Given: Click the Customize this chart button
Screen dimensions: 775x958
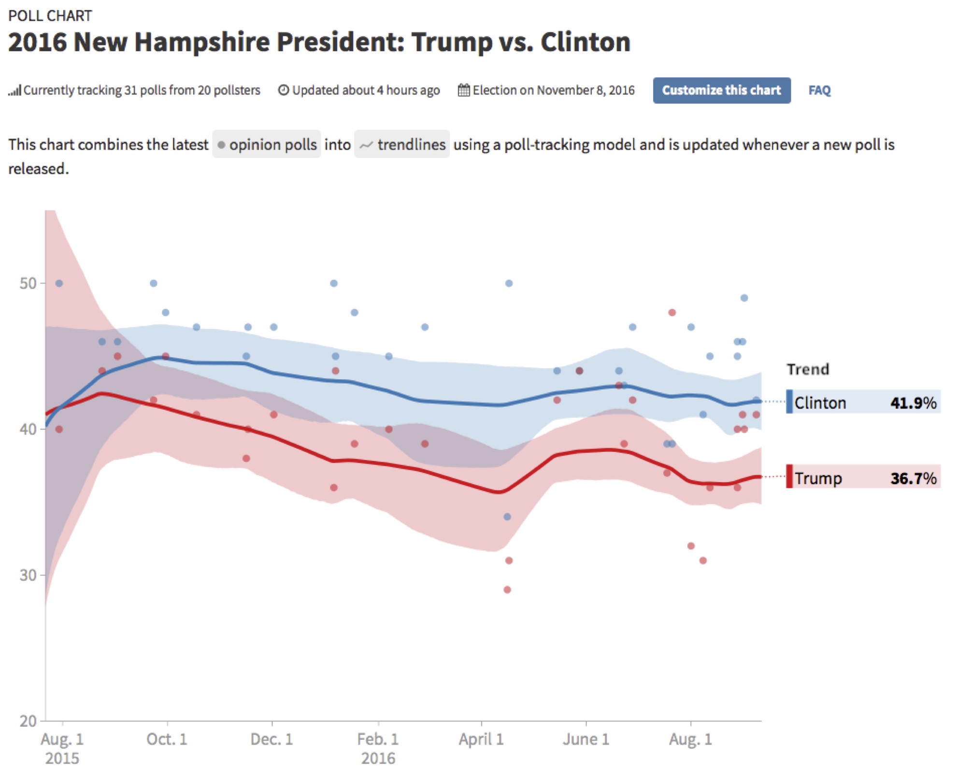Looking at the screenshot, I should click(721, 90).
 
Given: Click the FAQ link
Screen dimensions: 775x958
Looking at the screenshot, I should click(819, 90).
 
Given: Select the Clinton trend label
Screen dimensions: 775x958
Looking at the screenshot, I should click(820, 402).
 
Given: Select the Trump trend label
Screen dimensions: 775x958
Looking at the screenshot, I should click(818, 478).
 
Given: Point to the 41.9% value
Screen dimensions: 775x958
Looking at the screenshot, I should click(913, 402).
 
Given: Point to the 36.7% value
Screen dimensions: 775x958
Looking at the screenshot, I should click(913, 478).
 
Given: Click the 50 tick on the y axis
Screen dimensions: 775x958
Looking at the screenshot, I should click(28, 283).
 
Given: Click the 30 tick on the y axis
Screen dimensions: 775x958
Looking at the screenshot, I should click(28, 575).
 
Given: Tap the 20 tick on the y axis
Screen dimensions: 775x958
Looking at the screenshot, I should click(28, 721).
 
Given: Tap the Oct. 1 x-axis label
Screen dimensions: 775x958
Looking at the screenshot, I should click(167, 739).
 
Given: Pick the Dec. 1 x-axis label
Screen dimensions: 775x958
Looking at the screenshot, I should click(272, 739).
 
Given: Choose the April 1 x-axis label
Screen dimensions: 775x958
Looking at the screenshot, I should click(481, 739).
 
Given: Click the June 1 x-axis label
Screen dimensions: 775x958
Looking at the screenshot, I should click(586, 739).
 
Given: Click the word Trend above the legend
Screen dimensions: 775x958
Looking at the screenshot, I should click(808, 369).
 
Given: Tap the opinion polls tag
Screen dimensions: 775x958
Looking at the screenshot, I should click(267, 144).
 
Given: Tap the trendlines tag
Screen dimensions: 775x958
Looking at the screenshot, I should click(402, 144).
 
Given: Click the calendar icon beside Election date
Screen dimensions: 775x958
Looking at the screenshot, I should click(463, 90).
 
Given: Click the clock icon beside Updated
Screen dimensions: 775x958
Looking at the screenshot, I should click(283, 90).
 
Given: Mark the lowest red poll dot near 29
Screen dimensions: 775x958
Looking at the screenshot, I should click(507, 589).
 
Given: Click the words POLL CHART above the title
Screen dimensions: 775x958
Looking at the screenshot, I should click(50, 16).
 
